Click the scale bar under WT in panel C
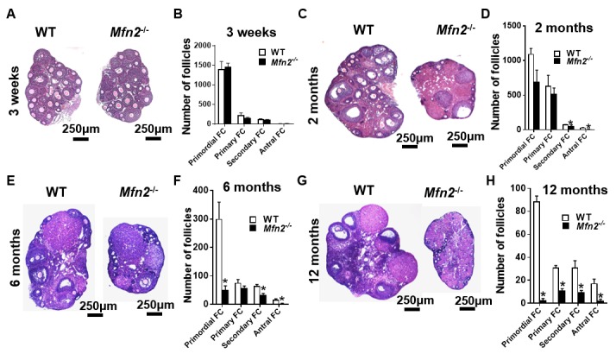click(x=410, y=146)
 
